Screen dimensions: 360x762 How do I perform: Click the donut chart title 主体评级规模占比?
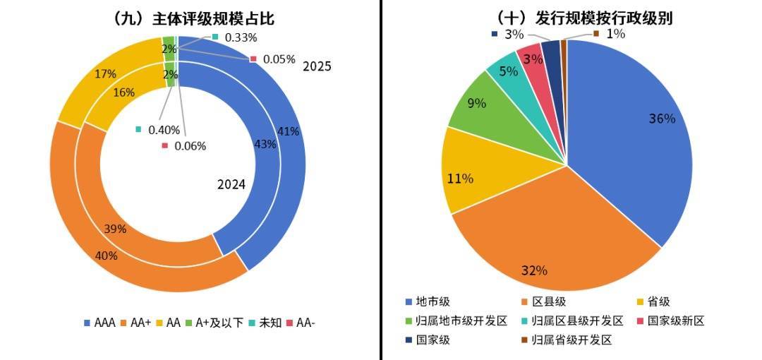pos(192,19)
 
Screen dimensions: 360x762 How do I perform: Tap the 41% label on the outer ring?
pos(289,131)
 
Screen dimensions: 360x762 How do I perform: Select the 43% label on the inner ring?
pos(265,144)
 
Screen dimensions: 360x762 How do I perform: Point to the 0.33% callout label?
pos(241,37)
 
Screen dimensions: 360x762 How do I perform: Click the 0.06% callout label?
pos(189,146)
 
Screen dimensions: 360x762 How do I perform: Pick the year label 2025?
pos(317,67)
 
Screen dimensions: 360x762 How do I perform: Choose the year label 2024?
pos(231,185)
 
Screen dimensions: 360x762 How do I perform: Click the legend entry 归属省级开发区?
pos(564,340)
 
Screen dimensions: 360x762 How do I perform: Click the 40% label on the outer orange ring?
pos(106,256)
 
